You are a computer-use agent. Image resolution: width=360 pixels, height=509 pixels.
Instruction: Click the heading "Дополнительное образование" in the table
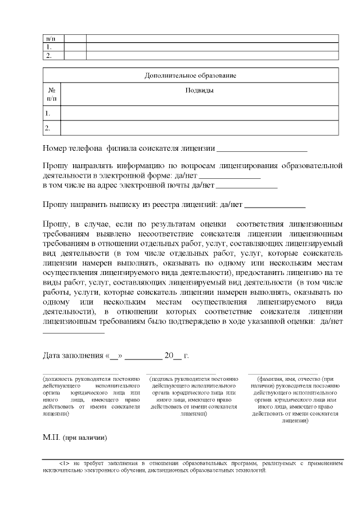pos(190,75)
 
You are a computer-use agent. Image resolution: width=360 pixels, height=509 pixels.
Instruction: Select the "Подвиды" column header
pos(199,90)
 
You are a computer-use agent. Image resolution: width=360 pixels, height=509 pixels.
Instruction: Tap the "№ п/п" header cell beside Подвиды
pos(52,94)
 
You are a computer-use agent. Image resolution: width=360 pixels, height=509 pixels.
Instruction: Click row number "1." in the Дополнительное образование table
pos(48,114)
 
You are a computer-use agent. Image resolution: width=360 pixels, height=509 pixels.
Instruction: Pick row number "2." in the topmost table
pos(49,56)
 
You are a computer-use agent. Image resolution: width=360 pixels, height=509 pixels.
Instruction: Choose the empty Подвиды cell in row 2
pos(199,128)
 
